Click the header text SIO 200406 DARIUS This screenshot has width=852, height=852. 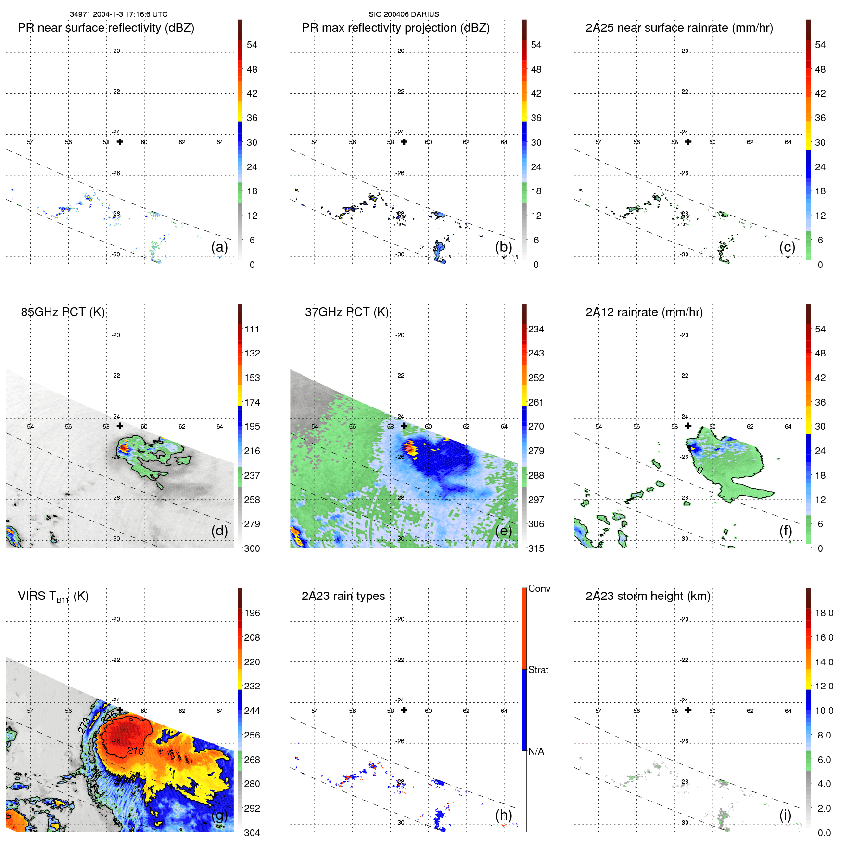tap(404, 14)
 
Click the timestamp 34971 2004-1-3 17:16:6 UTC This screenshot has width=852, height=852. tap(119, 14)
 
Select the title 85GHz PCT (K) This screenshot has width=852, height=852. tap(63, 312)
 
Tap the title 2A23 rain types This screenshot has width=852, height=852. tap(343, 596)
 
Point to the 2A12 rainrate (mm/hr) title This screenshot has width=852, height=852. tap(644, 312)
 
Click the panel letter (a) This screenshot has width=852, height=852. tap(219, 247)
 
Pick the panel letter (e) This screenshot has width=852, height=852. tap(503, 531)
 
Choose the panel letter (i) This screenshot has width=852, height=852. tap(785, 814)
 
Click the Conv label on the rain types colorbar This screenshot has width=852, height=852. tap(539, 588)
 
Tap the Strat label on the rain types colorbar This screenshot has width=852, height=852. tap(538, 670)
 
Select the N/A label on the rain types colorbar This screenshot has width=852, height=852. tap(536, 751)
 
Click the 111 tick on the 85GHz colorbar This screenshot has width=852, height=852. tap(252, 329)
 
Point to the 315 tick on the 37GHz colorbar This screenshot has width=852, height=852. tap(536, 548)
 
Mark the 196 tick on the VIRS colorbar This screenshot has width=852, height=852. tap(252, 613)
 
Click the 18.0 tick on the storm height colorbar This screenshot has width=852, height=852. tap(824, 613)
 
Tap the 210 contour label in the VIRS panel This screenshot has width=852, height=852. tap(136, 750)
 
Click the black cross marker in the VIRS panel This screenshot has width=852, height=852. tap(120, 710)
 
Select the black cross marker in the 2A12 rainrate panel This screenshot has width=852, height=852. tap(688, 426)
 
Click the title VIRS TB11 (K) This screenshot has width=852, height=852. tap(53, 596)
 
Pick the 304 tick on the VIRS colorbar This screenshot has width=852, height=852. tap(252, 833)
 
